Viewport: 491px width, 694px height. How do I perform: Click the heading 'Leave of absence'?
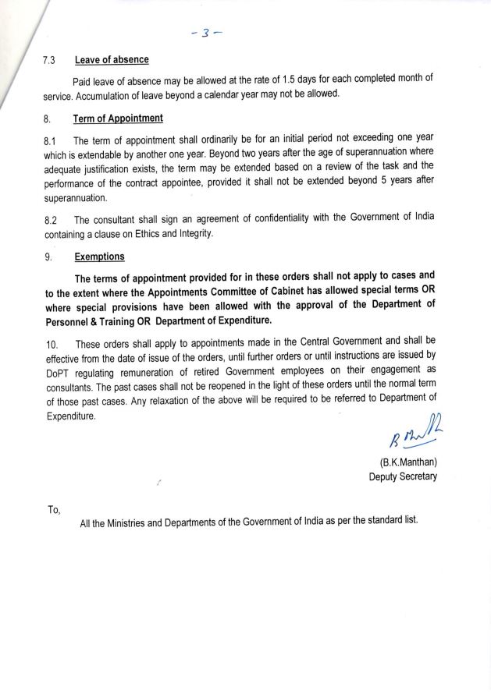click(x=112, y=61)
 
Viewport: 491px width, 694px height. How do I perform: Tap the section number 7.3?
click(x=50, y=61)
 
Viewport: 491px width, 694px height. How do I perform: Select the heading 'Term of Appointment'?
click(x=119, y=119)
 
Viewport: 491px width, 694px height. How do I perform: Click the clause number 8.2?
click(x=50, y=221)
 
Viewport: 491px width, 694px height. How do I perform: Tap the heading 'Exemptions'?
click(x=101, y=256)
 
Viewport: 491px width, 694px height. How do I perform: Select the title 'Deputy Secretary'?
click(x=403, y=476)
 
